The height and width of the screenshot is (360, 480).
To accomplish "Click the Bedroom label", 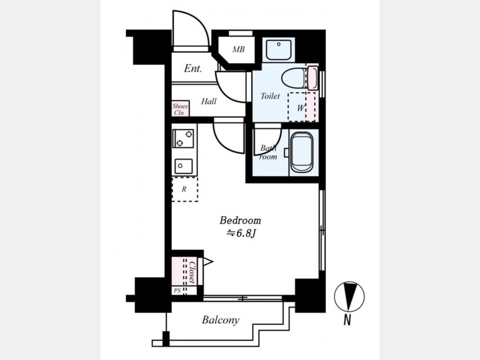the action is coord(241,220).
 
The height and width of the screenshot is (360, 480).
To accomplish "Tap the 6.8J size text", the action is coord(241,234).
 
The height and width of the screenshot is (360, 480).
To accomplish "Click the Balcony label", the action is coord(220,320).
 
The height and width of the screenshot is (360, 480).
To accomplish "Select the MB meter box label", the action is coord(238,49).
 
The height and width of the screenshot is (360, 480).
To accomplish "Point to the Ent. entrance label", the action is coord(193,68).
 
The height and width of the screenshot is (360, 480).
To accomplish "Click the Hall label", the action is coord(209,101).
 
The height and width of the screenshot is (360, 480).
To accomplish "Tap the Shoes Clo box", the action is coord(180,109).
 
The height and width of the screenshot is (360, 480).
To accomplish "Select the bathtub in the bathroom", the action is coord(302,152).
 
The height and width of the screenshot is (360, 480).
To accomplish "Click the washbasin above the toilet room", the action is coord(278,50).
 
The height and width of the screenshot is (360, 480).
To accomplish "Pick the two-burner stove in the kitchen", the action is coord(183,138).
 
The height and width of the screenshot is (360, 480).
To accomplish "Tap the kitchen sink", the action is coord(183,166).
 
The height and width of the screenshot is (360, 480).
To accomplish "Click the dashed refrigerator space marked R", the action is coord(185,189).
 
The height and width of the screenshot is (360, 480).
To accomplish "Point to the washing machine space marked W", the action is coord(301,107).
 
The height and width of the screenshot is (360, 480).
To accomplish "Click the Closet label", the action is coord(192,272).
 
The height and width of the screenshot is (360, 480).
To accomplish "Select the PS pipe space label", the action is coord(177,291).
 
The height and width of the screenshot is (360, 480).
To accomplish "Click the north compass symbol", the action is coord(349,297).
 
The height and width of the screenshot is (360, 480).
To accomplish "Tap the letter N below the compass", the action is coord(347,320).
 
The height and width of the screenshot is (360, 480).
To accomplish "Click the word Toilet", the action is coord(270,96).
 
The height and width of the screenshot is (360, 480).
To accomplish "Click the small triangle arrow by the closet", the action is coord(208,262).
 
